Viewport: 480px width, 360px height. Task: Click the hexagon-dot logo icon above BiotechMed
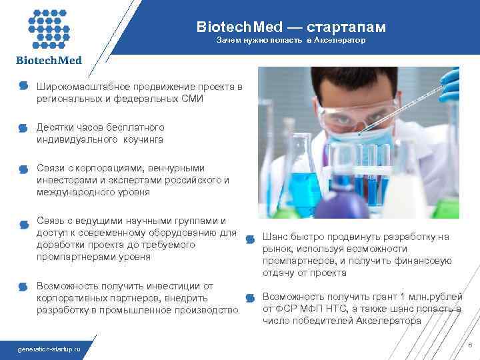click(49, 28)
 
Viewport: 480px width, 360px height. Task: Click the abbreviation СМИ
click(191, 99)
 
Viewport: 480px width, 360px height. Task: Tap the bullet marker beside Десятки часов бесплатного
click(23, 127)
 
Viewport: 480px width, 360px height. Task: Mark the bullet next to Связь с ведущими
click(23, 221)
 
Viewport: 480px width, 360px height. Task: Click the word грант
click(383, 297)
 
